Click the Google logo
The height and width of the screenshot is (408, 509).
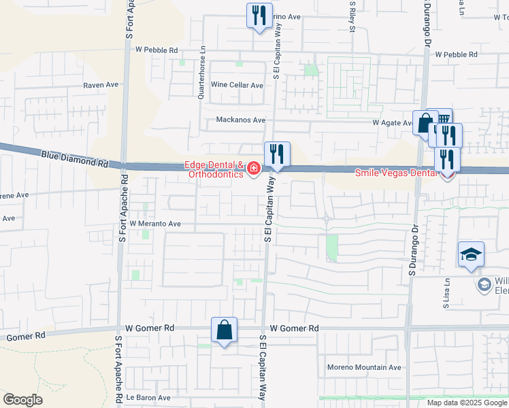click(22, 400)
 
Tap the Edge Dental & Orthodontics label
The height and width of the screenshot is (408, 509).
click(216, 169)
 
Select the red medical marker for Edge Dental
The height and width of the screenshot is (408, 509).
click(254, 168)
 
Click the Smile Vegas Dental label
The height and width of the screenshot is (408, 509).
click(397, 173)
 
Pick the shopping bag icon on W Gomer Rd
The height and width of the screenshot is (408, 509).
click(224, 331)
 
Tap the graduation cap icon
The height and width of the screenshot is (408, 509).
click(471, 256)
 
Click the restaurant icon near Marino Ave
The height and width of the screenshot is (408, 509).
click(259, 16)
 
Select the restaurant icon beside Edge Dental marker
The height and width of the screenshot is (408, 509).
click(277, 154)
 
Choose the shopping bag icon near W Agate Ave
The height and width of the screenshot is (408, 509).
click(426, 124)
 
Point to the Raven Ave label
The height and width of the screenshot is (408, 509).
click(101, 85)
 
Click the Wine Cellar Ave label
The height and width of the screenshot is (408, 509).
click(237, 85)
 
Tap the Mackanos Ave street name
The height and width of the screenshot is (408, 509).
click(240, 120)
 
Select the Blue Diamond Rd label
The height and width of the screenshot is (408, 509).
click(75, 160)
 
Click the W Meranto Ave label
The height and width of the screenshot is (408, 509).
click(155, 223)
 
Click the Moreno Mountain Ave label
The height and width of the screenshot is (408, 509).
click(365, 367)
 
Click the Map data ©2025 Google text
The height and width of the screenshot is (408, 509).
click(467, 403)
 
